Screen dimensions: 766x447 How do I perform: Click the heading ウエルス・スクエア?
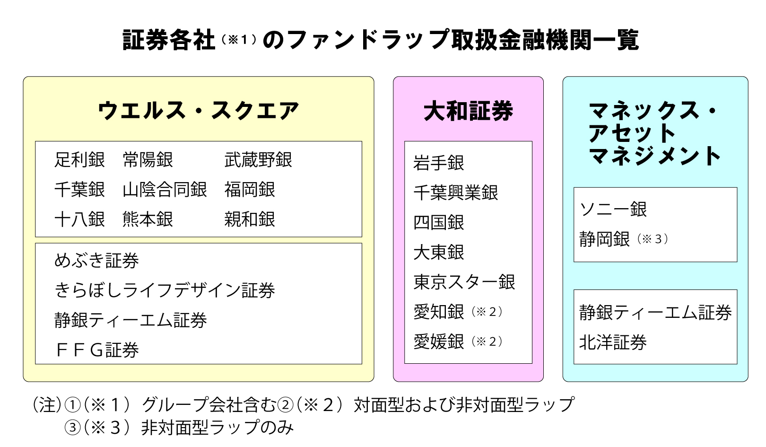coord(198,111)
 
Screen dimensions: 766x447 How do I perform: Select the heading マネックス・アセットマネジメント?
coord(655,133)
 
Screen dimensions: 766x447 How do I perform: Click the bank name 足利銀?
coord(79,160)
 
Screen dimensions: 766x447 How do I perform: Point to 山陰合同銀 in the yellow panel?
coord(165,190)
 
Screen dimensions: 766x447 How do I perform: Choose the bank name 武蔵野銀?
coord(258,160)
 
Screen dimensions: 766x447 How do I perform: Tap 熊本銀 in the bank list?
coord(148,219)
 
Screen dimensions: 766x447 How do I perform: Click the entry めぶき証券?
coord(96,261)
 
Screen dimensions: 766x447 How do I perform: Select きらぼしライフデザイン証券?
coord(165,290)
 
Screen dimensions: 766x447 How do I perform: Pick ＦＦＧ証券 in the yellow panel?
coord(96,350)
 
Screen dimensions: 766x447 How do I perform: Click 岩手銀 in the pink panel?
coord(438,163)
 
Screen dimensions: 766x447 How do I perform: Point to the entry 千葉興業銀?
coord(455,193)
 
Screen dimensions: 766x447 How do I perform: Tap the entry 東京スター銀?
coord(464,282)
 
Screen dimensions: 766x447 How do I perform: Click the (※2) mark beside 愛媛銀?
coord(487,342)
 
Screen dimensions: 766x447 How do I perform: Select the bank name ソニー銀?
coord(613,209)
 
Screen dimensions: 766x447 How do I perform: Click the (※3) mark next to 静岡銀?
coord(653,239)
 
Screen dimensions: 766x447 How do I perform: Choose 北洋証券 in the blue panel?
coord(613,342)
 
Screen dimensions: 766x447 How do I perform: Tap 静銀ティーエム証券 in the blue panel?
coord(655,313)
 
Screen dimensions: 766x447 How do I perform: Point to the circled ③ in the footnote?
coord(72,428)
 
